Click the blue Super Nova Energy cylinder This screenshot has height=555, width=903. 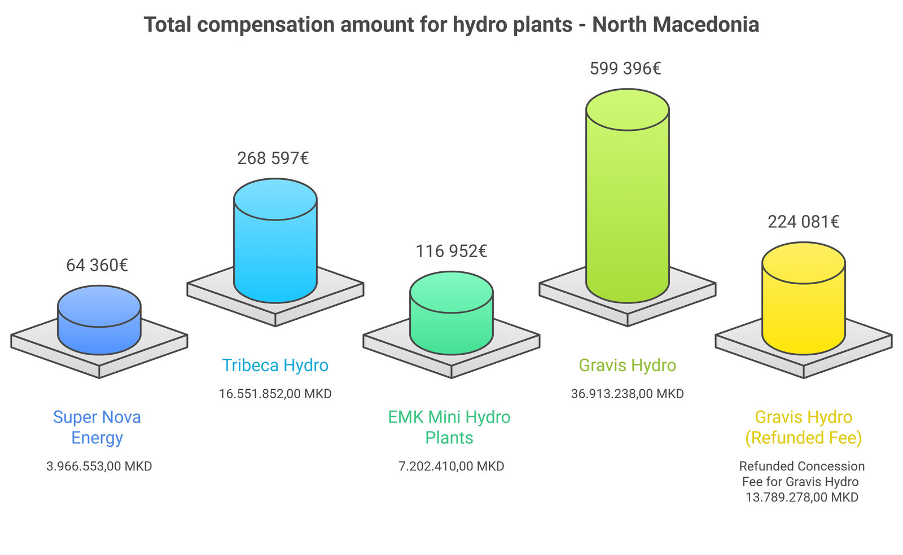pos(99,320)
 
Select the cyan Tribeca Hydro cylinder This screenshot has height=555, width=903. pos(275,240)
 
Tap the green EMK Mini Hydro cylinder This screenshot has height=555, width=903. pos(451,313)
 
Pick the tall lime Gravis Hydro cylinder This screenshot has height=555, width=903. pos(628,196)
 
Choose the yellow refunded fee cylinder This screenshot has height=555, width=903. pos(804,298)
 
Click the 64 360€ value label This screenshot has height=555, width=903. pos(97,266)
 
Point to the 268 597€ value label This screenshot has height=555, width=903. pos(273,158)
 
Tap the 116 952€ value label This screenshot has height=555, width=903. pos(451,252)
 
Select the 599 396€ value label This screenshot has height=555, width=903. pos(625,68)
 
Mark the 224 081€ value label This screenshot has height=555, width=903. pos(804,222)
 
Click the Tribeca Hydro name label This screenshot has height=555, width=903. pos(275,365)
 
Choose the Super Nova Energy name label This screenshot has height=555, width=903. pos(97,428)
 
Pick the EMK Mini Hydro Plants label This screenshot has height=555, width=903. pos(449,428)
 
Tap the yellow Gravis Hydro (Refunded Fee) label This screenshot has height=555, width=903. pos(804,428)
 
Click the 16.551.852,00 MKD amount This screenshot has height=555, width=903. pos(275,394)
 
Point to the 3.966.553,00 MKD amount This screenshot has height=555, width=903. pos(99,466)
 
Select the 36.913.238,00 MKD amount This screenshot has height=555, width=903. pos(628,394)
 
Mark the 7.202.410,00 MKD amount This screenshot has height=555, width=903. pos(451,466)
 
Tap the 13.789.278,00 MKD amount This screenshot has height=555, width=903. pos(802,497)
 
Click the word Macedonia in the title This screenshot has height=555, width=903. pos(705,25)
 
